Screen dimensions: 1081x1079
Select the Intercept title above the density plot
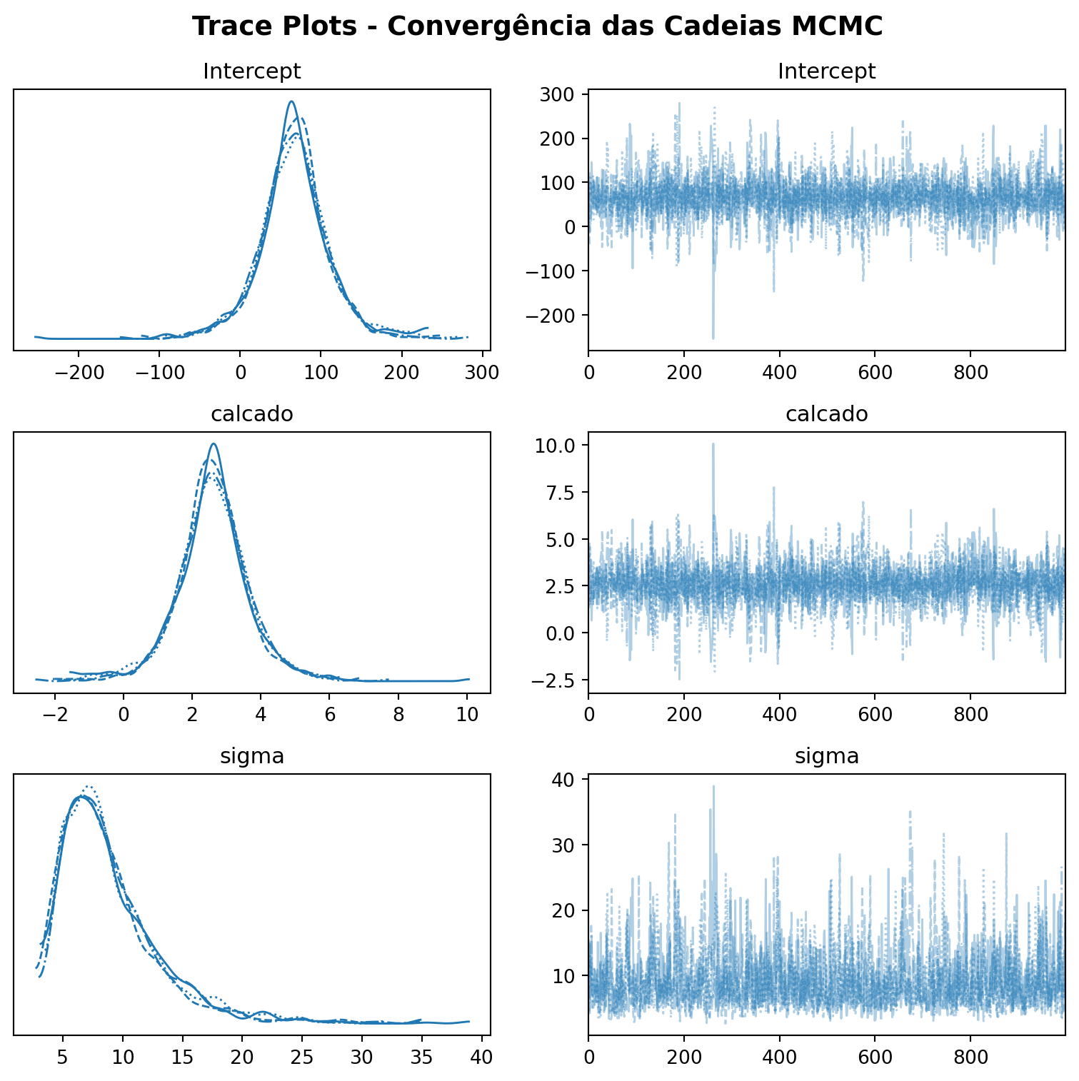252,71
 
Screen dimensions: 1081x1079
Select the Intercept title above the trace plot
826,71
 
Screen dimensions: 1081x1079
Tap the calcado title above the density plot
252,414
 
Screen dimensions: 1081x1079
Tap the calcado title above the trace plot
826,414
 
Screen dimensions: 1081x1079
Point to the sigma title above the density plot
252,756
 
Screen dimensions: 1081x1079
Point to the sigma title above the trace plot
826,756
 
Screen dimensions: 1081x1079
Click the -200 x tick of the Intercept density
79,373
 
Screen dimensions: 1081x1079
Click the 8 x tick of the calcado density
398,715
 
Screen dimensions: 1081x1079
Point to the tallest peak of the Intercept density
291,101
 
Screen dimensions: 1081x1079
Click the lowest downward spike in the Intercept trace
713,338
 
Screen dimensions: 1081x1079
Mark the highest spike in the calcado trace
713,443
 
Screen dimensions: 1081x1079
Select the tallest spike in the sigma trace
713,786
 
